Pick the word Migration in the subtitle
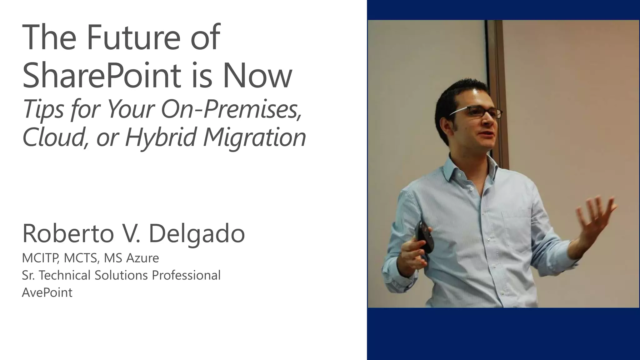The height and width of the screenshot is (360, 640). pyautogui.click(x=254, y=137)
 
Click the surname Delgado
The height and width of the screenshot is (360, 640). pyautogui.click(x=197, y=234)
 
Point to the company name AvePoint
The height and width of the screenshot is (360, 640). pyautogui.click(x=47, y=293)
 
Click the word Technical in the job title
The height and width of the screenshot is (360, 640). pyautogui.click(x=65, y=275)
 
